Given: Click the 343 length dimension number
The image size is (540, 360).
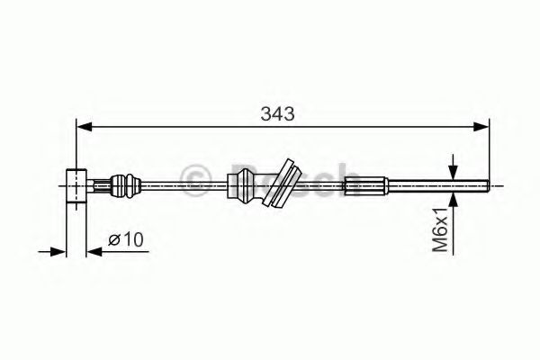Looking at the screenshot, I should point(277,114).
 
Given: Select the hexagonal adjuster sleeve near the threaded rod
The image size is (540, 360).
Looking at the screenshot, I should point(367,186).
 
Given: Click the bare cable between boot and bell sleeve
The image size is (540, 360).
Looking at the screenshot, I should point(180,186).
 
